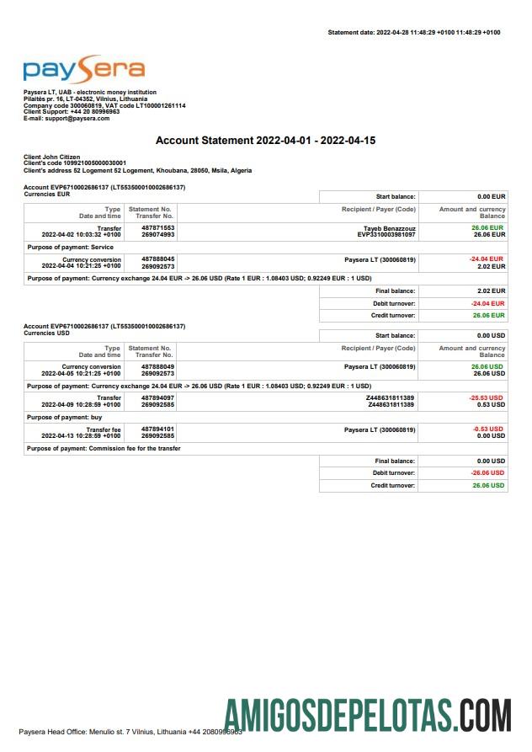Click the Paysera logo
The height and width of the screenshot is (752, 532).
(x=84, y=70)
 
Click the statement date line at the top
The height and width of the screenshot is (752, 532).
(x=413, y=32)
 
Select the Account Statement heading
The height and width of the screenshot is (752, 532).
(x=265, y=140)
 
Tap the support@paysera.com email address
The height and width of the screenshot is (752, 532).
(x=79, y=119)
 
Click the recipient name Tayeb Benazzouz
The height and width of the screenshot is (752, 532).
(x=390, y=227)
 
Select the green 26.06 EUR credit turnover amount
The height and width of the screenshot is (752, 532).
(x=488, y=315)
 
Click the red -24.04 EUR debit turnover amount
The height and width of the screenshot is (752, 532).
(x=487, y=302)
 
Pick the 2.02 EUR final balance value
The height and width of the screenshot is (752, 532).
(x=491, y=291)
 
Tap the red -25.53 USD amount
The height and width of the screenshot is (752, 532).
(x=487, y=397)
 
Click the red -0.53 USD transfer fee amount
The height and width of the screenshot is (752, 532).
(x=489, y=429)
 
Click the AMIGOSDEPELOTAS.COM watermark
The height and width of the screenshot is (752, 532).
(x=368, y=714)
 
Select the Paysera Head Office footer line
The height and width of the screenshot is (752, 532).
(x=130, y=731)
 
